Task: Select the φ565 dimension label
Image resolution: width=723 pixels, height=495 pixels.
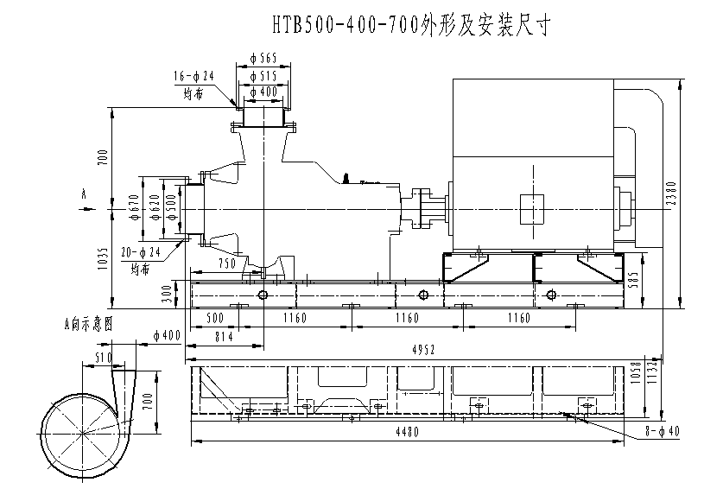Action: (x=263, y=59)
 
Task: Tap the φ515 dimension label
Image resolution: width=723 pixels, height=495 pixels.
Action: (x=263, y=76)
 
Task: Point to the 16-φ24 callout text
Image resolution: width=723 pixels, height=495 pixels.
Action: (x=193, y=77)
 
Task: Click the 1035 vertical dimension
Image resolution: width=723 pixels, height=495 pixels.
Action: (x=103, y=258)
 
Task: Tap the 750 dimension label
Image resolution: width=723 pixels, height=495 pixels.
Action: (x=226, y=263)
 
